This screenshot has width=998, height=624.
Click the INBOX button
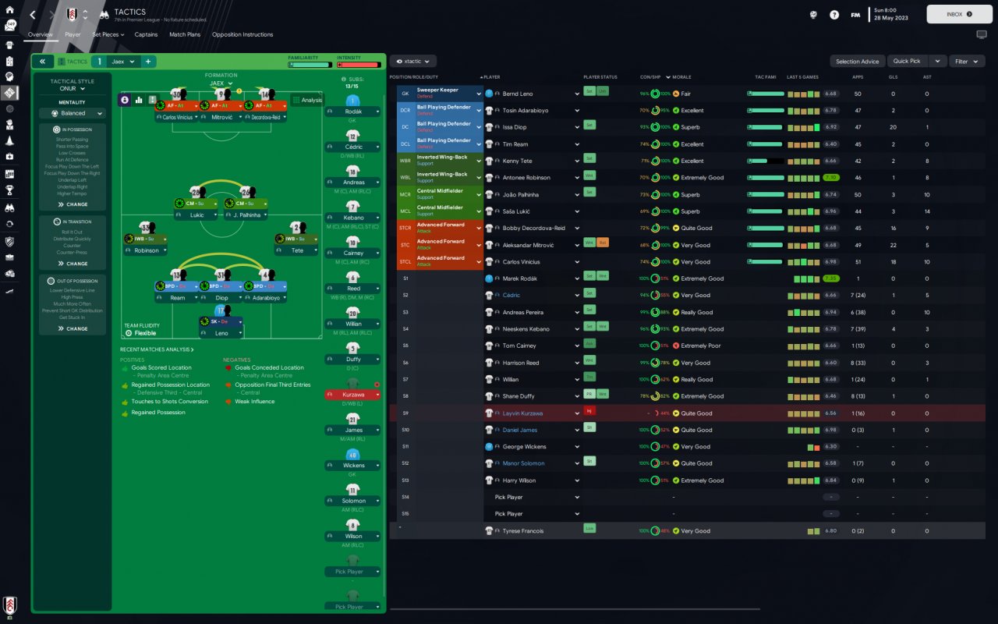click(x=958, y=14)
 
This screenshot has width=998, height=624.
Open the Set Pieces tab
click(x=107, y=34)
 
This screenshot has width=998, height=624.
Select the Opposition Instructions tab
click(x=242, y=34)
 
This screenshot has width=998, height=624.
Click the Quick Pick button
click(x=907, y=61)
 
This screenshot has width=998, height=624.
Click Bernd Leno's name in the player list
click(x=518, y=94)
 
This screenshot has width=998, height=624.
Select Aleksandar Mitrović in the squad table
click(x=527, y=245)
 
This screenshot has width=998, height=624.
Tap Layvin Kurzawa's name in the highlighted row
click(x=522, y=413)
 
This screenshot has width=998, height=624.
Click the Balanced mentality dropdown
click(x=72, y=113)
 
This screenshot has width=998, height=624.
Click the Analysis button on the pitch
click(x=307, y=100)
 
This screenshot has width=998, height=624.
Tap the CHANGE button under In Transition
click(x=73, y=264)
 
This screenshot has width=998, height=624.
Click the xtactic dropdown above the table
click(x=413, y=61)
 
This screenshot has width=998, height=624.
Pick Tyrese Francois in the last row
click(x=523, y=531)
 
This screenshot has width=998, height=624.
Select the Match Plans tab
click(x=185, y=34)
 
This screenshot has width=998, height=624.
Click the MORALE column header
click(x=681, y=77)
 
